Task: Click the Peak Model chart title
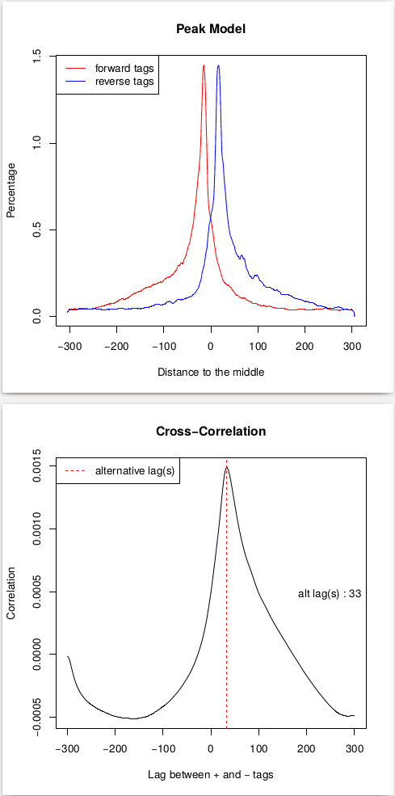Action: coord(210,29)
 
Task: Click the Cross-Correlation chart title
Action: coord(210,432)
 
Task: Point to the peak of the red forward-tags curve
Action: coord(204,65)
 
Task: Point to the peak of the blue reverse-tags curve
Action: coord(218,65)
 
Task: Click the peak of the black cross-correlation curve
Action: coord(227,467)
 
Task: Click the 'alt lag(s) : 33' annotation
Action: coord(330,593)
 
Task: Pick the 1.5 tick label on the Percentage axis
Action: coord(35,56)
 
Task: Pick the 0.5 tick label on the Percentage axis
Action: coord(35,230)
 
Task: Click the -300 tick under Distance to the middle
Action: coord(69,346)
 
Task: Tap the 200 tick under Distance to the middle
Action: coord(305,346)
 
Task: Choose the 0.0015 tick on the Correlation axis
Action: coord(35,467)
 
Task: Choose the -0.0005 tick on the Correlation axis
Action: coord(35,716)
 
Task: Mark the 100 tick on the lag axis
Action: coord(258,748)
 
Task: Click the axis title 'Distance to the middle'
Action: coord(210,373)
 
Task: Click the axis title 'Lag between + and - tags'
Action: coord(210,775)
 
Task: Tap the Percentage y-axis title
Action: coord(11,190)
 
